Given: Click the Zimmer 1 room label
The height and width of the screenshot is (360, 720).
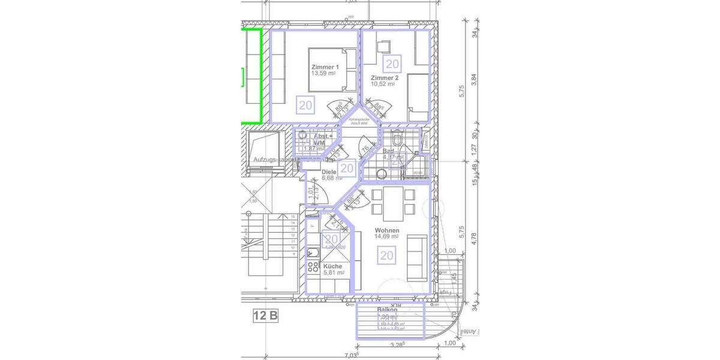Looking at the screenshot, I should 325,67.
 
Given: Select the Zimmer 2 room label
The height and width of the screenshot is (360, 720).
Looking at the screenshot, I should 384,78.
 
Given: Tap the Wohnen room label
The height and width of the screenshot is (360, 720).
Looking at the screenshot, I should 387,230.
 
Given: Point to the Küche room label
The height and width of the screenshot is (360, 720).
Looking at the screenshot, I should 332,266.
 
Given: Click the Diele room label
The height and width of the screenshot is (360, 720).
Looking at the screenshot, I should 329,172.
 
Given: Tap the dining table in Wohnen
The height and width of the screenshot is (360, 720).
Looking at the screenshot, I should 393,201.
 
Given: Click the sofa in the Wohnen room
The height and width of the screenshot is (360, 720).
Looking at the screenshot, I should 417,257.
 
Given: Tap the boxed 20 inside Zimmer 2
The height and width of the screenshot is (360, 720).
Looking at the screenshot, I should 392,64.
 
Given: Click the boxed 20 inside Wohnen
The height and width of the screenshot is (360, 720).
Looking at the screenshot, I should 387,256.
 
